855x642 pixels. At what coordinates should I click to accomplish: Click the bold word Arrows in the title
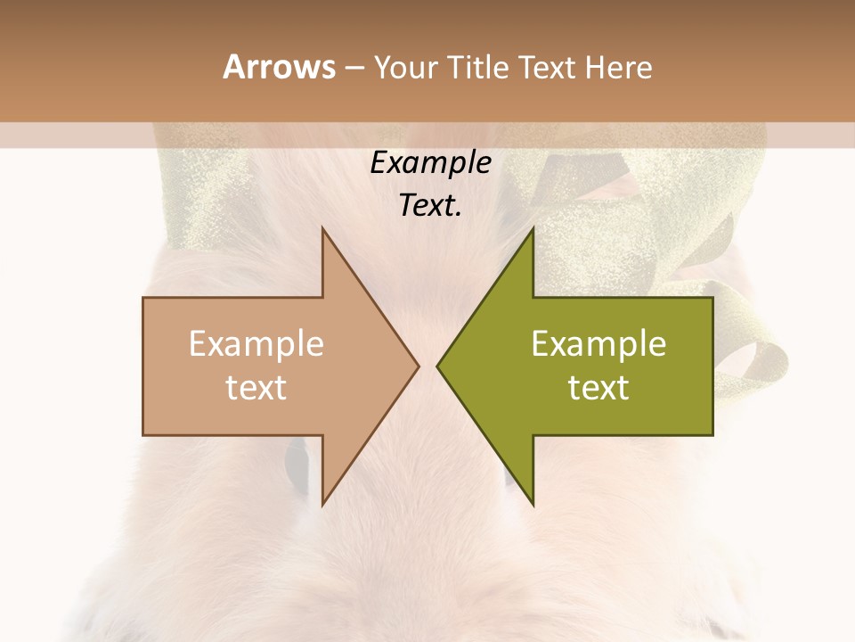[279, 67]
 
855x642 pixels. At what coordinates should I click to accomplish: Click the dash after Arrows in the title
[354, 69]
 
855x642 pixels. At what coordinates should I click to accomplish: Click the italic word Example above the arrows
[430, 162]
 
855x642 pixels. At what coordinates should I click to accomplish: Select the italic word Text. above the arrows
[430, 206]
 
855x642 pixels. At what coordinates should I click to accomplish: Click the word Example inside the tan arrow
[256, 343]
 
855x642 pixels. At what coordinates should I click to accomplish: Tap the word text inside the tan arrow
[256, 387]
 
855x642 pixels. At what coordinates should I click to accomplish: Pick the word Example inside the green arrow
[598, 343]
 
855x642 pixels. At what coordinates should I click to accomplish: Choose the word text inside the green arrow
[598, 387]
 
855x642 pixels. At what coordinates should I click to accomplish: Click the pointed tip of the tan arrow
[419, 366]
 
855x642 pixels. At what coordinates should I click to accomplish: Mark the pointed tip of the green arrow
[437, 366]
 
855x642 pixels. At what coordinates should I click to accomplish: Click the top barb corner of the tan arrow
[322, 227]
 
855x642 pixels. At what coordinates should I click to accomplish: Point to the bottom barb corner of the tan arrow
[322, 505]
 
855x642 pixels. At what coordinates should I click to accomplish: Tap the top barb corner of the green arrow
[533, 227]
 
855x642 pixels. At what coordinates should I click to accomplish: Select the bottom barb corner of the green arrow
[533, 505]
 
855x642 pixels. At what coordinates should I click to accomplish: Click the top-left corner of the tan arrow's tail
[143, 297]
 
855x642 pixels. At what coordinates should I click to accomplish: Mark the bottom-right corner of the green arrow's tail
[712, 435]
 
